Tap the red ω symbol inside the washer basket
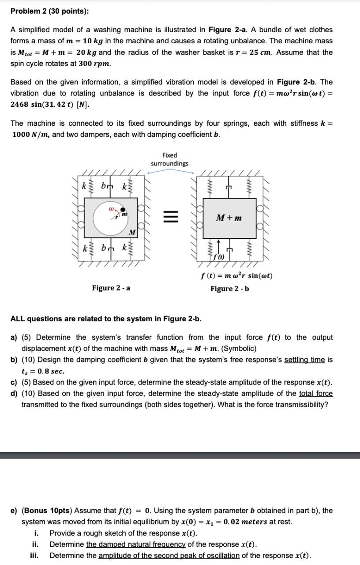tap(112, 205)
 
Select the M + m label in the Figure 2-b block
tap(229, 218)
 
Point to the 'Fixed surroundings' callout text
tap(169, 159)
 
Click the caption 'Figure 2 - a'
tap(111, 288)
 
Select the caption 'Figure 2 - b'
tap(229, 289)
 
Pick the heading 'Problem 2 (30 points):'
tap(49, 11)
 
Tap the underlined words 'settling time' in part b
tap(304, 360)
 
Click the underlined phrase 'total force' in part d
tap(316, 393)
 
